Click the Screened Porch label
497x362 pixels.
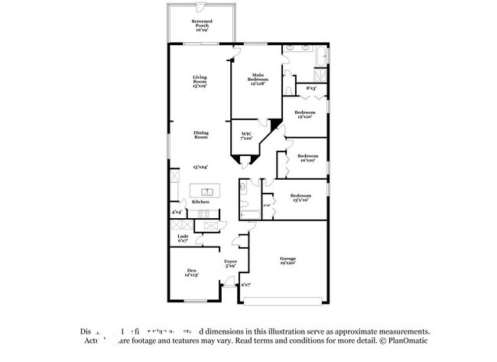click(203, 24)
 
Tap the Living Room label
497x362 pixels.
click(200, 80)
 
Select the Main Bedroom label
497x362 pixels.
click(258, 79)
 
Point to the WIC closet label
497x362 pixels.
click(246, 136)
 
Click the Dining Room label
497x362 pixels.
click(200, 135)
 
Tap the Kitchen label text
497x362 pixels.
click(200, 202)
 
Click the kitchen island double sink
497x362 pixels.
click(206, 191)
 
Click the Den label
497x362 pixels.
click(192, 272)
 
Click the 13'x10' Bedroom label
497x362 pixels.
click(300, 197)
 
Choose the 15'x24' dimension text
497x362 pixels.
click(200, 167)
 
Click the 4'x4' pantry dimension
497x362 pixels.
click(177, 212)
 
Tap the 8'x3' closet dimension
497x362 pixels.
click(311, 89)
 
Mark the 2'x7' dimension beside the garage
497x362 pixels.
click(245, 285)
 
